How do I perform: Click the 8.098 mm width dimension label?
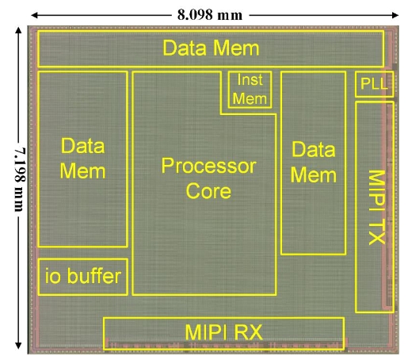click(210, 15)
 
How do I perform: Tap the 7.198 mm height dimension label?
click(20, 180)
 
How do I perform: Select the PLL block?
click(375, 84)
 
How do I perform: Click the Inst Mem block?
click(250, 90)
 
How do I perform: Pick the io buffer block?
click(83, 277)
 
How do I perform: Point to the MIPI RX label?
click(224, 332)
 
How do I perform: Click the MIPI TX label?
click(377, 207)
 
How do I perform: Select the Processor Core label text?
click(208, 178)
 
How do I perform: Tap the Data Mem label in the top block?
click(211, 48)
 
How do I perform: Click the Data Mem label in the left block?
click(83, 159)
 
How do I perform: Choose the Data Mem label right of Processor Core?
click(314, 163)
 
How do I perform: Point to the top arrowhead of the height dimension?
click(18, 30)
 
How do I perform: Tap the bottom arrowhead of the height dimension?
click(18, 346)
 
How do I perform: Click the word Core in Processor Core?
click(208, 191)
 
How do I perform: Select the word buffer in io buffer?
click(94, 276)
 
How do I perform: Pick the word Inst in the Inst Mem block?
click(250, 80)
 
